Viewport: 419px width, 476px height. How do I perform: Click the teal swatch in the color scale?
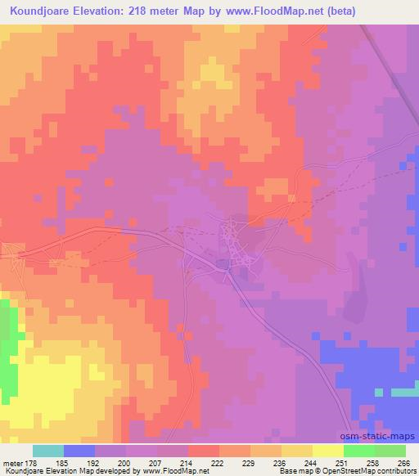point(48,451)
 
